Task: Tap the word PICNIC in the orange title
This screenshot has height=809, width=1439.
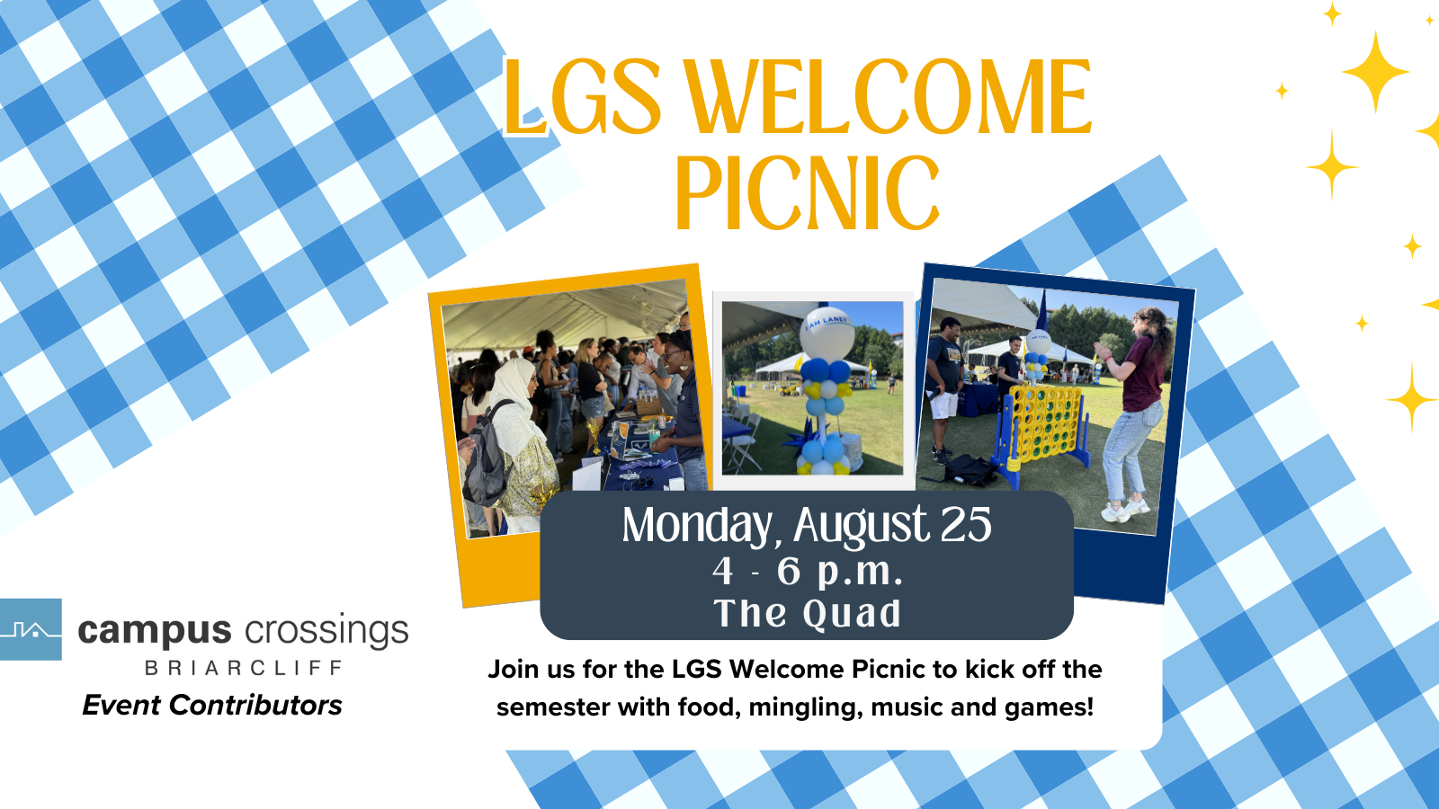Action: [808, 192]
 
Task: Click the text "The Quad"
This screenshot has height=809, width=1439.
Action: [807, 613]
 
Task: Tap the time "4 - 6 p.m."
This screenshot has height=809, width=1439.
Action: [807, 571]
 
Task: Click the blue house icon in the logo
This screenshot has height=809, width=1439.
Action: [31, 629]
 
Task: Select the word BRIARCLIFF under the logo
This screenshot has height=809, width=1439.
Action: [244, 669]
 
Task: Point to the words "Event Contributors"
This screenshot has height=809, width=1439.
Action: [212, 705]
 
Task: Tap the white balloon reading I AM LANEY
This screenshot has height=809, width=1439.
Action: [827, 333]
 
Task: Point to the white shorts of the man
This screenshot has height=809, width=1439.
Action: [943, 404]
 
